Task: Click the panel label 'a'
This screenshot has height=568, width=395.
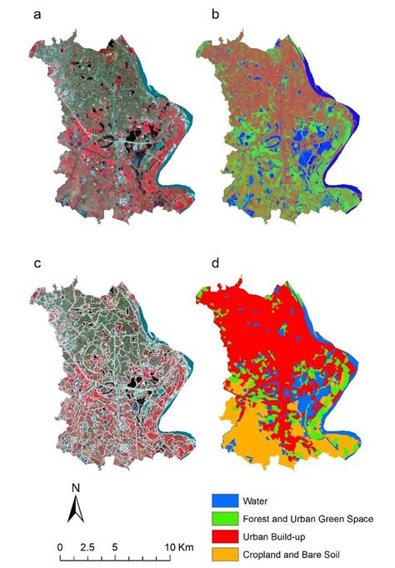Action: click(35, 15)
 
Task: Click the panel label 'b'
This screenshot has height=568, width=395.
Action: click(216, 15)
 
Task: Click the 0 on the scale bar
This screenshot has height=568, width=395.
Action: click(60, 546)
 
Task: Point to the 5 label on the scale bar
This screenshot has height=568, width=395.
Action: click(114, 546)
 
